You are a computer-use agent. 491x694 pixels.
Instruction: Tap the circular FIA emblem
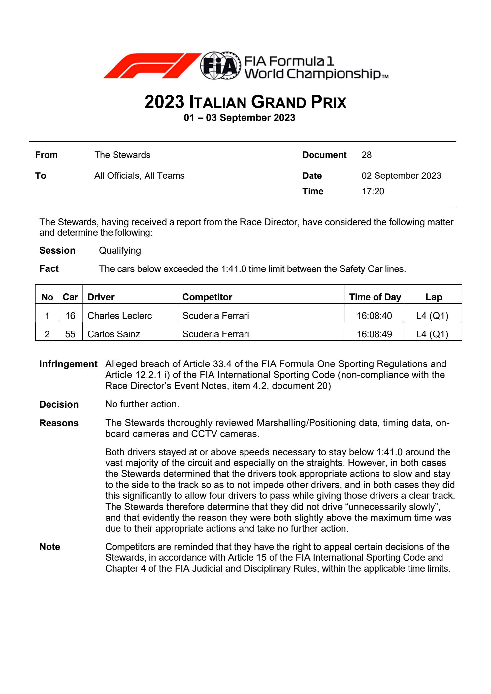point(220,66)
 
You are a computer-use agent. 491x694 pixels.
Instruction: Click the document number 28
point(366,155)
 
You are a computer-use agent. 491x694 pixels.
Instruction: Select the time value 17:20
point(373,191)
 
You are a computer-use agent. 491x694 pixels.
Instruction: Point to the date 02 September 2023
point(401,176)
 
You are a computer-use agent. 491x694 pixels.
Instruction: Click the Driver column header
point(101,297)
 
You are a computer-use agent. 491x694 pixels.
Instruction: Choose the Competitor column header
point(207,297)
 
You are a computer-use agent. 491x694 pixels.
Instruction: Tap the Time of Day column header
point(375,297)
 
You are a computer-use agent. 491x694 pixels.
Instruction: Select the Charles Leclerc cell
point(119,316)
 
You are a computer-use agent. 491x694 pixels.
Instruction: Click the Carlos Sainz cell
point(114,334)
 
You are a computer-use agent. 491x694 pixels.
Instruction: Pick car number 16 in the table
point(70,316)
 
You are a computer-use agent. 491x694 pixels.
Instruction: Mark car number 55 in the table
point(70,334)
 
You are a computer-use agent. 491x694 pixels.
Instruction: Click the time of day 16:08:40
point(374,316)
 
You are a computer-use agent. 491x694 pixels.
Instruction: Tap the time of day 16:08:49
point(374,334)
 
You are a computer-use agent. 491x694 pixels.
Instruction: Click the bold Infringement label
point(68,364)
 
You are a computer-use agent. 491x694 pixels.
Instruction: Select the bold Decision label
point(59,404)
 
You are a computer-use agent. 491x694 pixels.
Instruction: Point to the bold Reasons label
point(59,423)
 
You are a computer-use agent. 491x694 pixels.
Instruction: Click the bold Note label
point(49,547)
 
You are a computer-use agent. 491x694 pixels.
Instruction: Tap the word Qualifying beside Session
point(120,251)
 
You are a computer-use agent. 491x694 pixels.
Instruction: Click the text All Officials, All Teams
point(139,176)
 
